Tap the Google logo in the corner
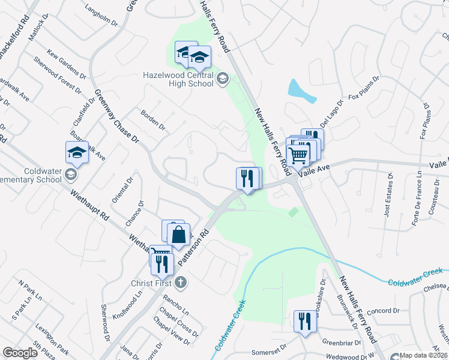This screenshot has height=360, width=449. [20, 353]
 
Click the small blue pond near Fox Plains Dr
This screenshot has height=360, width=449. [301, 90]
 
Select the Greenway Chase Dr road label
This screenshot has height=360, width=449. [116, 116]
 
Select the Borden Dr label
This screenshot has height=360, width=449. [152, 119]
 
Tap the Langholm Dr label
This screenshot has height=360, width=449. [101, 18]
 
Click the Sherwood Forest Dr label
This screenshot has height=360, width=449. [58, 74]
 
